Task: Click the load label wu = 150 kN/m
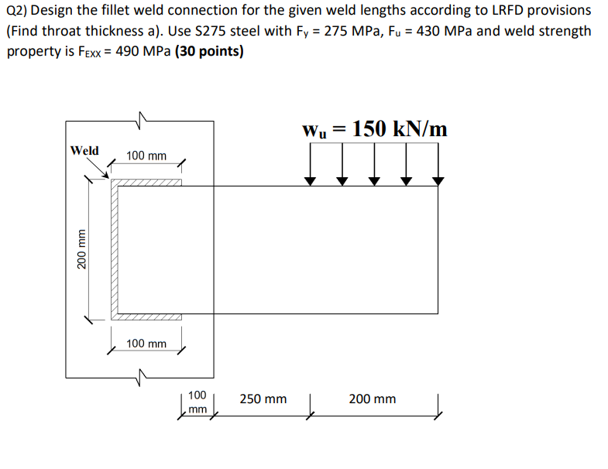click(x=376, y=129)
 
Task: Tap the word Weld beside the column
click(x=84, y=150)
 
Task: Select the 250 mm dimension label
click(x=263, y=399)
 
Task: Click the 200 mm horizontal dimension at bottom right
click(x=372, y=399)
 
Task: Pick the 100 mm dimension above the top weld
click(x=146, y=156)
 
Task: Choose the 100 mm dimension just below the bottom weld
click(x=146, y=343)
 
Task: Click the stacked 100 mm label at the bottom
click(x=197, y=402)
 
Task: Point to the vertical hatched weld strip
click(x=115, y=250)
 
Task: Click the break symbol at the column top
click(x=140, y=120)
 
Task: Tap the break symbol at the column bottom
click(x=140, y=378)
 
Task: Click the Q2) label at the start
click(x=16, y=11)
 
